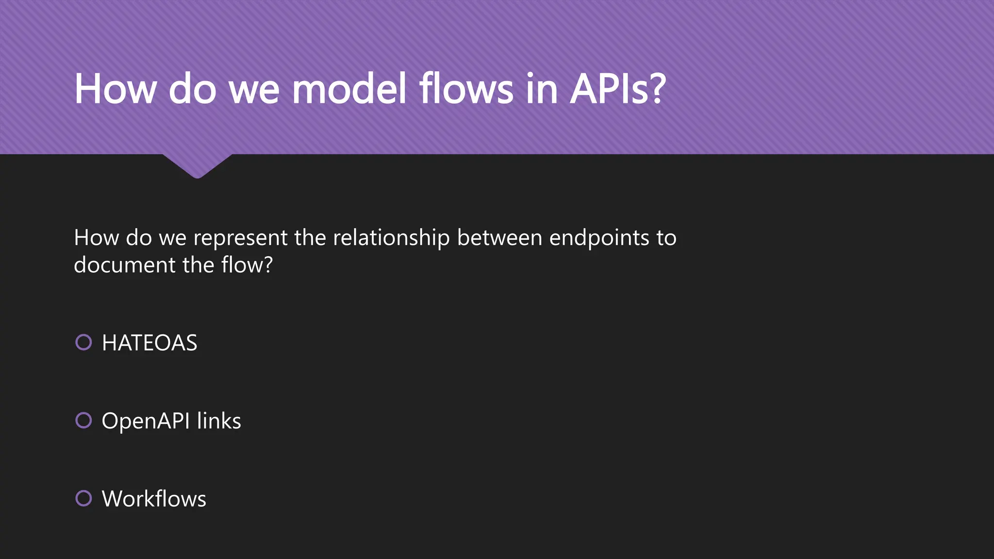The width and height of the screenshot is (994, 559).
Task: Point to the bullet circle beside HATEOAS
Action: pyautogui.click(x=83, y=342)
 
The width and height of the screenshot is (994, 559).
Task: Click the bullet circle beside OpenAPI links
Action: pyautogui.click(x=83, y=420)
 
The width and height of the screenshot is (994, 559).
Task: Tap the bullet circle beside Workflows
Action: pyautogui.click(x=83, y=498)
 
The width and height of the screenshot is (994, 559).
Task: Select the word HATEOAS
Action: pyautogui.click(x=149, y=343)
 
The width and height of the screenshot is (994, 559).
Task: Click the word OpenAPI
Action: pyautogui.click(x=146, y=421)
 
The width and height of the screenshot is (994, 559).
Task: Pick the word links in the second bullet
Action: pyautogui.click(x=219, y=421)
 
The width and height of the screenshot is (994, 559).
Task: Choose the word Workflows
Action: pyautogui.click(x=154, y=499)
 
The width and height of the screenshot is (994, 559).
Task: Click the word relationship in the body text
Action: pyautogui.click(x=391, y=238)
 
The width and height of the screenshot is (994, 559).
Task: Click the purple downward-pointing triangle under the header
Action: pyautogui.click(x=197, y=165)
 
